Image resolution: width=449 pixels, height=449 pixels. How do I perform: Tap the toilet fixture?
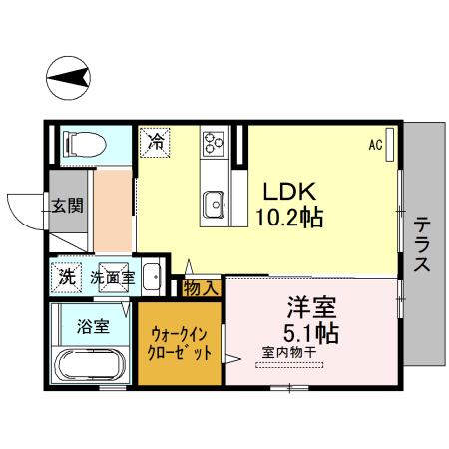click(x=86, y=145)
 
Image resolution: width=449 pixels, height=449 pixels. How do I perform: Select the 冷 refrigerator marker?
click(x=156, y=142)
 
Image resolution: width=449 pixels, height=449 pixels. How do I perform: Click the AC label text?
click(x=375, y=145)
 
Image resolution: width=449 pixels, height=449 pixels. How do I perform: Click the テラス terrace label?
click(x=422, y=244)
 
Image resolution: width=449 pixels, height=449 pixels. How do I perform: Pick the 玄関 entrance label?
click(x=68, y=208)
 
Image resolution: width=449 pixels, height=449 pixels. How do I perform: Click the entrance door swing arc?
click(x=25, y=211)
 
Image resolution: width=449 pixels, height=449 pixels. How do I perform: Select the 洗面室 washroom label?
click(x=112, y=276)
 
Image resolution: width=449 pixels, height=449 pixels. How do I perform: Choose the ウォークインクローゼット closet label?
click(x=181, y=344)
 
